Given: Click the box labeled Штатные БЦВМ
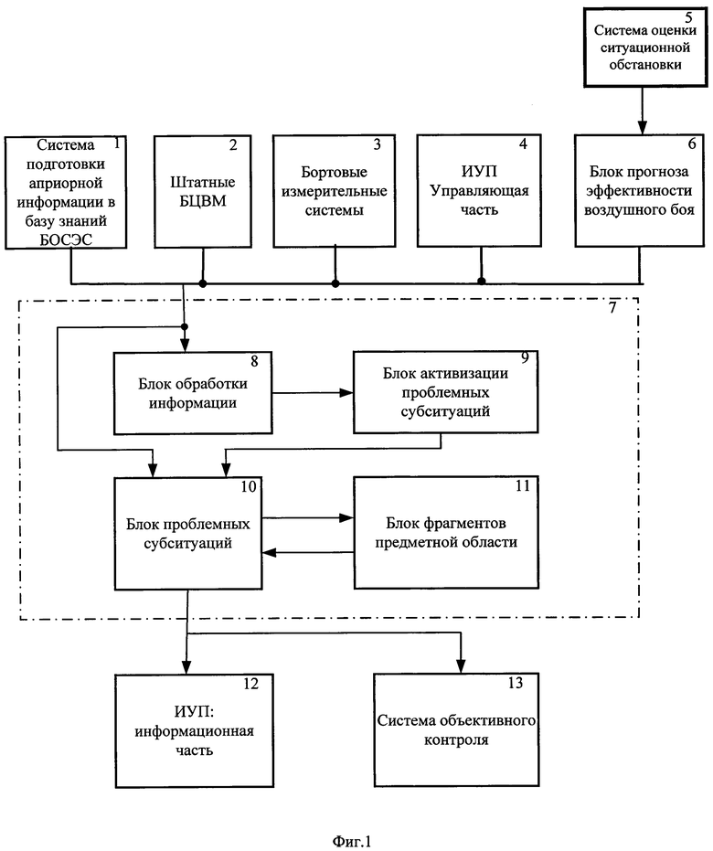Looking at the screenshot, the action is pyautogui.click(x=202, y=192).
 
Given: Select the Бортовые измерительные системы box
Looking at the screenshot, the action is pyautogui.click(x=335, y=191).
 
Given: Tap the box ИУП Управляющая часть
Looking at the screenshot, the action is pyautogui.click(x=479, y=190).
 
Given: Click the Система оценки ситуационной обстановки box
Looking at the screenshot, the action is pyautogui.click(x=645, y=48).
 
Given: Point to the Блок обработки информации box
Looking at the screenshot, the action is pyautogui.click(x=193, y=393).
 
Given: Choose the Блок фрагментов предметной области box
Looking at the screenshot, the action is pyautogui.click(x=446, y=532).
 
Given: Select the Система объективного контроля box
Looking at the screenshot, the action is pyautogui.click(x=456, y=730).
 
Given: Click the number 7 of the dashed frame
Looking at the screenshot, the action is pyautogui.click(x=612, y=308).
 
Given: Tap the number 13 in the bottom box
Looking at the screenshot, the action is pyautogui.click(x=516, y=683).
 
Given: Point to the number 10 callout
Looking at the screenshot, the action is pyautogui.click(x=249, y=486).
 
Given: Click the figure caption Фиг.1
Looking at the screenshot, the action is pyautogui.click(x=352, y=841).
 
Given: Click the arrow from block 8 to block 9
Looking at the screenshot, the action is pyautogui.click(x=313, y=393).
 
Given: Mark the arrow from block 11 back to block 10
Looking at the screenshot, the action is pyautogui.click(x=308, y=552).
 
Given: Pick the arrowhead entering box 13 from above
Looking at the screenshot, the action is pyautogui.click(x=462, y=666).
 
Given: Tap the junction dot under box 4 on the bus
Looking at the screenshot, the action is pyautogui.click(x=482, y=282).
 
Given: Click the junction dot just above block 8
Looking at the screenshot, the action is pyautogui.click(x=185, y=326).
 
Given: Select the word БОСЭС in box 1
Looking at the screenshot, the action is pyautogui.click(x=66, y=239).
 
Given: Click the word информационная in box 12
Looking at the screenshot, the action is pyautogui.click(x=194, y=731).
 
